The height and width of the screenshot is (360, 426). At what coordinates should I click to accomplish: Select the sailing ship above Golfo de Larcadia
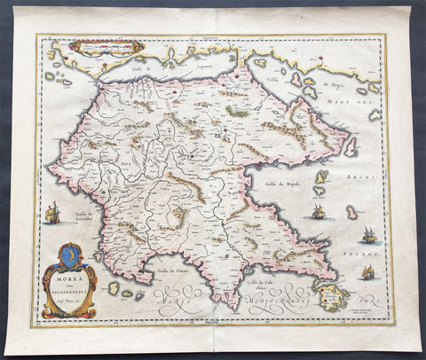pos(52,212)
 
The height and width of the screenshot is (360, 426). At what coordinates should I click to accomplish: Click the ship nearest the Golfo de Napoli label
pos(317,211)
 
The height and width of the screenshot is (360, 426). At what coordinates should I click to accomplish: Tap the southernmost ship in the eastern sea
pos(364,272)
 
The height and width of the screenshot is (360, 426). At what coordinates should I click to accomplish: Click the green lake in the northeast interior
pos(238,111)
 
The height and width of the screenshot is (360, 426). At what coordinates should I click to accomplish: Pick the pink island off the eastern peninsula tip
pos(352,145)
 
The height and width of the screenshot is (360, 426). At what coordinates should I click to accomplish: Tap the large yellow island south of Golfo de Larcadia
pos(113,287)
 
